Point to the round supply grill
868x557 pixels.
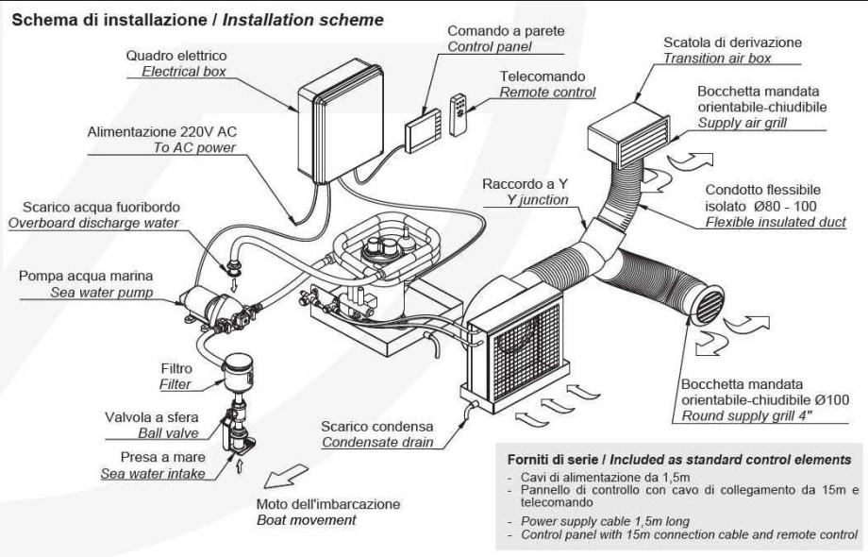pyautogui.click(x=709, y=309)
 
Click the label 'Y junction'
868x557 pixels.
pyautogui.click(x=538, y=199)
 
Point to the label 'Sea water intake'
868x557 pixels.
pyautogui.click(x=153, y=472)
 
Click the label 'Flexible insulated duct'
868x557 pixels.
pyautogui.click(x=776, y=222)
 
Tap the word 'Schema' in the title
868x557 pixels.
pyautogui.click(x=42, y=18)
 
